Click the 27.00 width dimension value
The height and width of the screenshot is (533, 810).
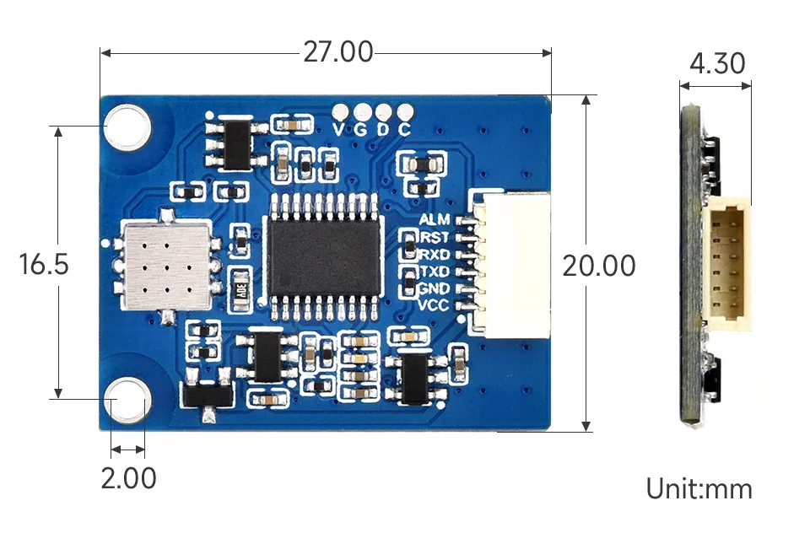tap(337, 52)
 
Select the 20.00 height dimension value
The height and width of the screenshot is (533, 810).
tap(599, 266)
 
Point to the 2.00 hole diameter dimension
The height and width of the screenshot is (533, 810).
tap(128, 478)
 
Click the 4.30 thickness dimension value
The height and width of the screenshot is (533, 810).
tap(716, 63)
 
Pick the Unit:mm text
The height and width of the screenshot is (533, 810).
tap(699, 488)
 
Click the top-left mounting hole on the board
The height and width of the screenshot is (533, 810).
tap(127, 127)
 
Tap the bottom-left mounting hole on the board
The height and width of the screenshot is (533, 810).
tap(127, 399)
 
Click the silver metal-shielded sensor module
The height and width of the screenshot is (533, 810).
tap(165, 264)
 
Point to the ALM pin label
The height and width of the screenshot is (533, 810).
tap(435, 219)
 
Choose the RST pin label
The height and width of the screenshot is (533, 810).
tap(435, 237)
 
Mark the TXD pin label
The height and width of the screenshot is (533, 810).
tap(435, 272)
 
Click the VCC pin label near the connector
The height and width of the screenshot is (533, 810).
tap(435, 305)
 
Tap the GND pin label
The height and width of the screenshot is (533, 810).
tap(435, 288)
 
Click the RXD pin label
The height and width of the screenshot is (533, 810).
tap(435, 254)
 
